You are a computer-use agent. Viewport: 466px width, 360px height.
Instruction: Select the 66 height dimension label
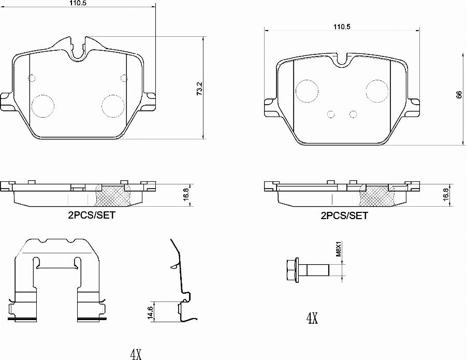[458, 94]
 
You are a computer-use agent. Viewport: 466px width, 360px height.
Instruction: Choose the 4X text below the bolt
[311, 318]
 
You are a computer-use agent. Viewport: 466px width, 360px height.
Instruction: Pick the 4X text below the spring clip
[136, 354]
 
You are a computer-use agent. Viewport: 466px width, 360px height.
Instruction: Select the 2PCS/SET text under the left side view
[91, 215]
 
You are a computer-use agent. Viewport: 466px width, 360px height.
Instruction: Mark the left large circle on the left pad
[43, 106]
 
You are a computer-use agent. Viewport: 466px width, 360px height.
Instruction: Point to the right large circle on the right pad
[377, 91]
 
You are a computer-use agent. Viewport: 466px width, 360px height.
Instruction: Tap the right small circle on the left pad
[123, 78]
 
